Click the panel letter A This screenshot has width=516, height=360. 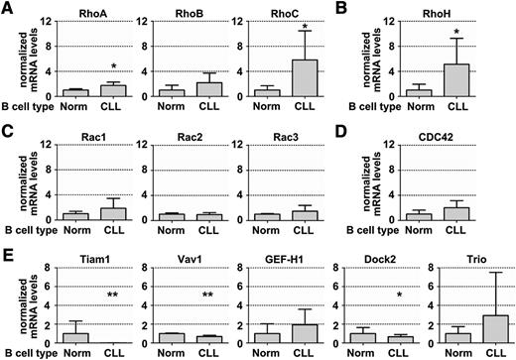[9, 9]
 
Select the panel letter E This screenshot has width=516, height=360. [9, 248]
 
